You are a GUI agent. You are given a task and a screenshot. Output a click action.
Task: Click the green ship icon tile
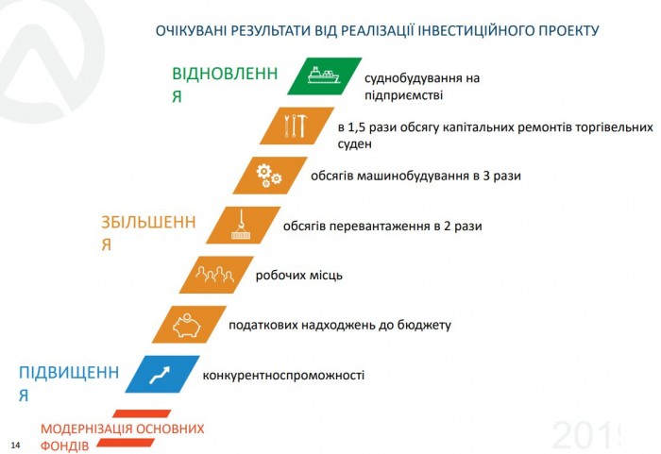click(x=325, y=77)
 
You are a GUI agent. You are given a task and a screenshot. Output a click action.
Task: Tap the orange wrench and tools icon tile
click(x=297, y=126)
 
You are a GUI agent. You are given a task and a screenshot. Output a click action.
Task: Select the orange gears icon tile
click(x=270, y=175)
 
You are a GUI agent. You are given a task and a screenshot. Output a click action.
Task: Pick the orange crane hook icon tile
click(x=244, y=225)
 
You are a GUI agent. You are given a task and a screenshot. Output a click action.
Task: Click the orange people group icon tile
click(x=216, y=275)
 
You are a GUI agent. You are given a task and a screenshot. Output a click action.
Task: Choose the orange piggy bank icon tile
click(x=189, y=324)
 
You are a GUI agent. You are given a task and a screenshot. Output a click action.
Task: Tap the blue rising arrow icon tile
click(x=163, y=374)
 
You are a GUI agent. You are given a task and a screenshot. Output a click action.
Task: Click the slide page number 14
click(x=15, y=444)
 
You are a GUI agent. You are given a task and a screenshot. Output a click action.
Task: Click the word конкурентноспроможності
click(x=283, y=376)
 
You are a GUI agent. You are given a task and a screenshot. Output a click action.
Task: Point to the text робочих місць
click(x=298, y=276)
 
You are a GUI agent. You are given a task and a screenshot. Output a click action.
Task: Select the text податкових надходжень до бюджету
click(x=340, y=326)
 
